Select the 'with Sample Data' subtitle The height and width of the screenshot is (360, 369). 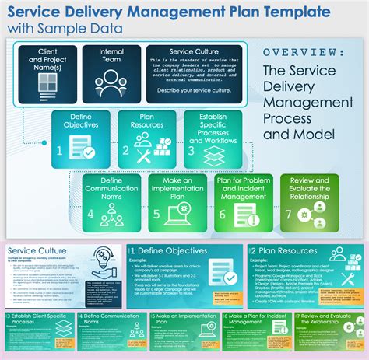tap(65, 30)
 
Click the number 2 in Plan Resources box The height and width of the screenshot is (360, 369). tap(127, 151)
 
